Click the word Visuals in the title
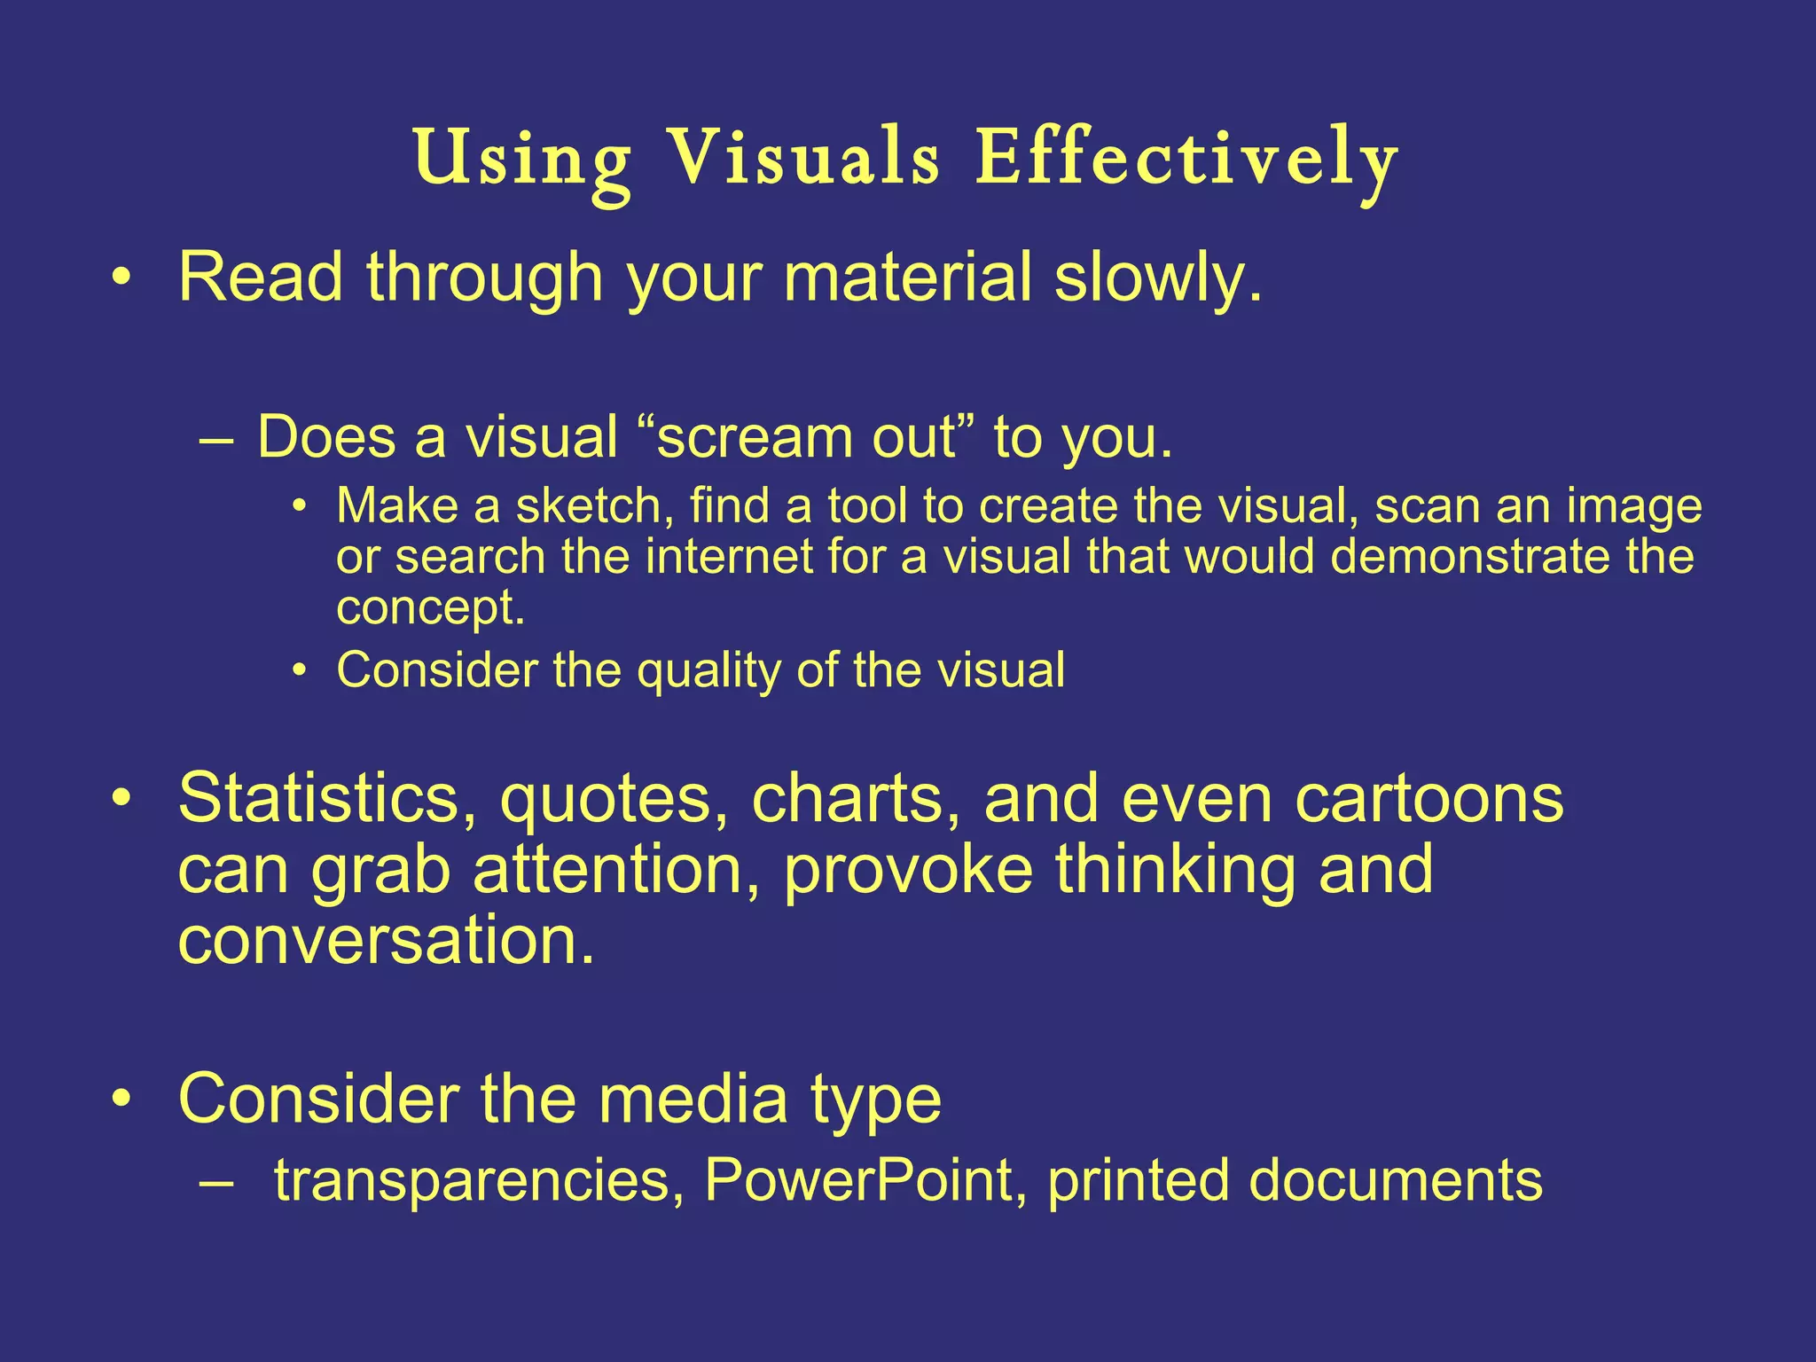pyautogui.click(x=802, y=160)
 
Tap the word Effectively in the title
pyautogui.click(x=1186, y=160)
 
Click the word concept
pyautogui.click(x=430, y=609)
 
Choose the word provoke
pyautogui.click(x=908, y=869)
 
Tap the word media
pyautogui.click(x=693, y=1100)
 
